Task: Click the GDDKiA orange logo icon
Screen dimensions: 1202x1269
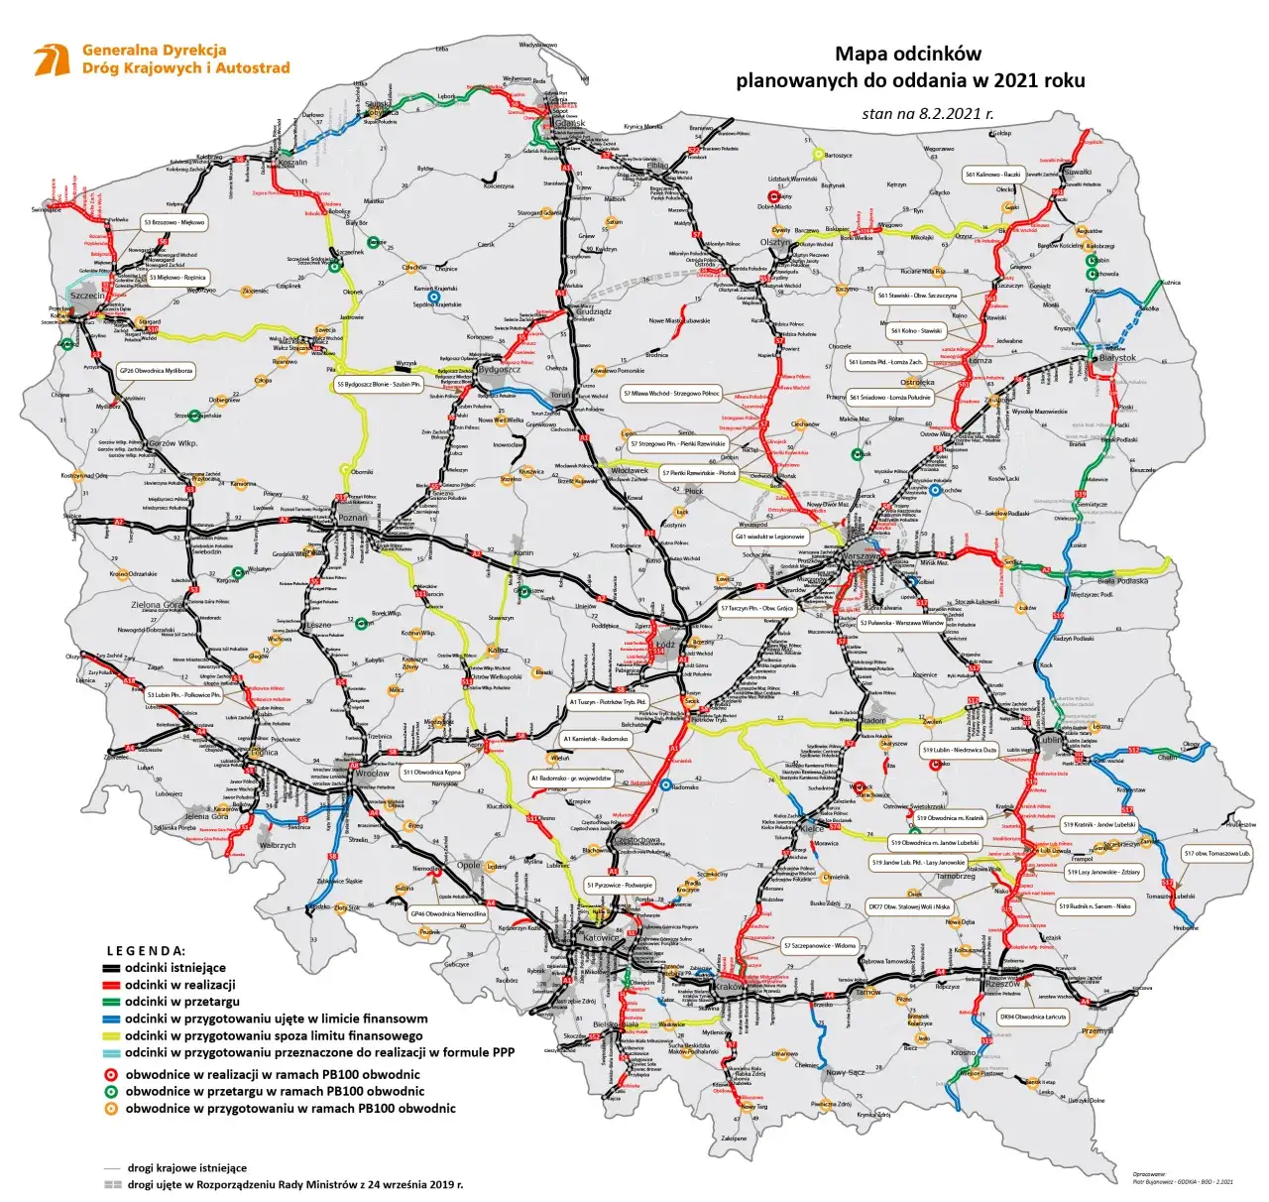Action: pyautogui.click(x=52, y=60)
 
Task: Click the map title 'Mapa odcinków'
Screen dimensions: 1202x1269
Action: pyautogui.click(x=907, y=55)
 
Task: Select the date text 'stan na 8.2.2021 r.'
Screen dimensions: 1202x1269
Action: pyautogui.click(x=927, y=113)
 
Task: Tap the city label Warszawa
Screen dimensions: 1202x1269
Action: pyautogui.click(x=860, y=556)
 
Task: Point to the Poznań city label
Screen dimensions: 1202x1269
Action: pyautogui.click(x=352, y=518)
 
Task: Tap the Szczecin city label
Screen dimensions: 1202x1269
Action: pyautogui.click(x=87, y=296)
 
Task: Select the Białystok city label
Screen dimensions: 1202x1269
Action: pyautogui.click(x=1117, y=358)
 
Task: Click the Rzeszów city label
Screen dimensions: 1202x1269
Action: pyautogui.click(x=1002, y=984)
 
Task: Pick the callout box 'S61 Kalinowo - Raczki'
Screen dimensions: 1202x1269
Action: pyautogui.click(x=992, y=175)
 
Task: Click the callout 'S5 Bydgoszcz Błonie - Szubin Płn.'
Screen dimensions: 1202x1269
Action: pyautogui.click(x=379, y=384)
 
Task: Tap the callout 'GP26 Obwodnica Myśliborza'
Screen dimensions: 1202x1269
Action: pyautogui.click(x=156, y=370)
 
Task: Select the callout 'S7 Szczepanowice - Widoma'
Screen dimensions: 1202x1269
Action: pyautogui.click(x=819, y=946)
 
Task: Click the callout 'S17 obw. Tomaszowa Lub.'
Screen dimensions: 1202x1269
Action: pyautogui.click(x=1216, y=853)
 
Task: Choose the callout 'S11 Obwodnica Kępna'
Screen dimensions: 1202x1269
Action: pyautogui.click(x=431, y=772)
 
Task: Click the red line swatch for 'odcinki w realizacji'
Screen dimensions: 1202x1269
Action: pyautogui.click(x=111, y=986)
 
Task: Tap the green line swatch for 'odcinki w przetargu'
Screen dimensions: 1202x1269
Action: pyautogui.click(x=111, y=1003)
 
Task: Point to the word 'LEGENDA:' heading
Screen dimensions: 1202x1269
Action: pyautogui.click(x=146, y=950)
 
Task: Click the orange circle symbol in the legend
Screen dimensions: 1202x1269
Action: pyautogui.click(x=111, y=1109)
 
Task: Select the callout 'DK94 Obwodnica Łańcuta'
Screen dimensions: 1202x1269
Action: pyautogui.click(x=1033, y=1017)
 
